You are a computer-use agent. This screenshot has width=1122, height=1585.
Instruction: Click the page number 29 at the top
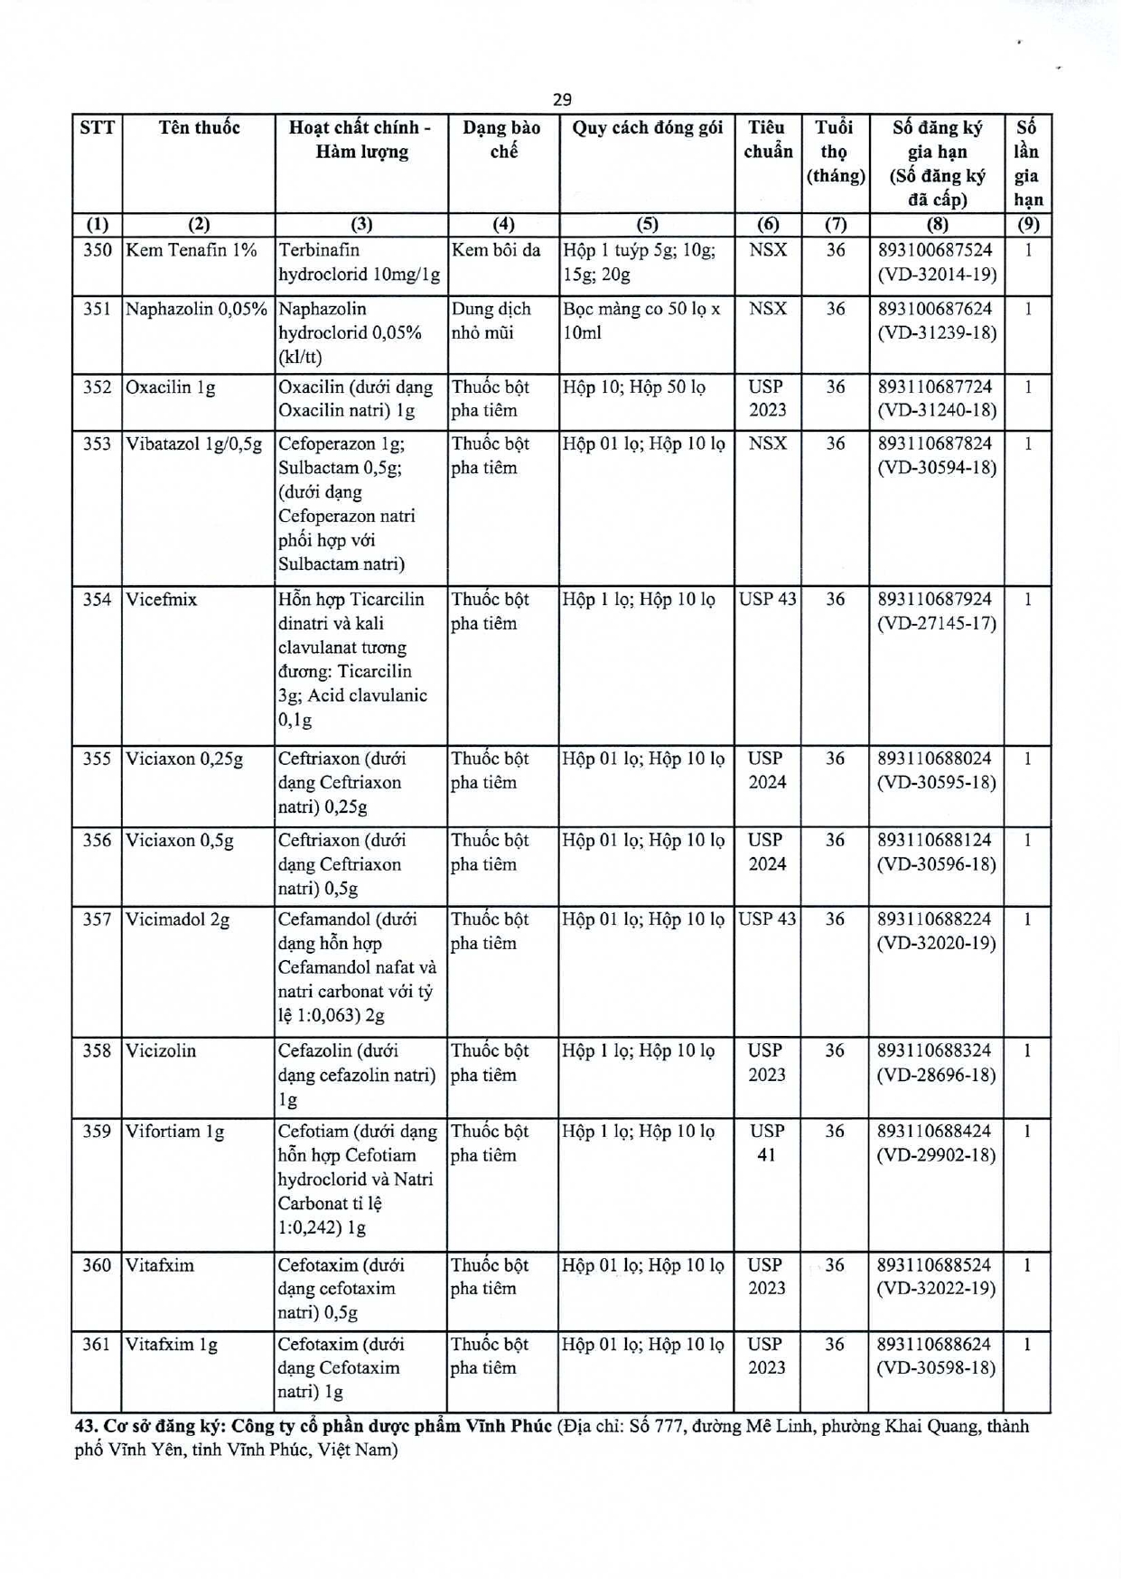click(562, 99)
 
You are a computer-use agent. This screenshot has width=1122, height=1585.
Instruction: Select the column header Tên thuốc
click(199, 128)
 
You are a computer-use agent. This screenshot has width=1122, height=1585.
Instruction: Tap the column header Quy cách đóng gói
click(647, 128)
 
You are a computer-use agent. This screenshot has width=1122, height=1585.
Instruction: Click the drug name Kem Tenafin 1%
click(192, 250)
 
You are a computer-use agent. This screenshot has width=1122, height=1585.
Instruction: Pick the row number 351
click(97, 309)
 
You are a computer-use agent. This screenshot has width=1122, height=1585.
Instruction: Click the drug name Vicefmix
click(162, 600)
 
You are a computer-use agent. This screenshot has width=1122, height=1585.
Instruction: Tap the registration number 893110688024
click(935, 759)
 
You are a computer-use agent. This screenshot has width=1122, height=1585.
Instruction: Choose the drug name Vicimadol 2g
click(178, 919)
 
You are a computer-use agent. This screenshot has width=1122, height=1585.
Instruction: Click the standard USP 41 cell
click(766, 1142)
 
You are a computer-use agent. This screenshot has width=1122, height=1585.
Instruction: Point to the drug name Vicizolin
click(161, 1050)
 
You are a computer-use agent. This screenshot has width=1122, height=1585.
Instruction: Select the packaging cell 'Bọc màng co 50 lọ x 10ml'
click(641, 321)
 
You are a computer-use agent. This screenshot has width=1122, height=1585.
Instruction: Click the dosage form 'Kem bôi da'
click(496, 250)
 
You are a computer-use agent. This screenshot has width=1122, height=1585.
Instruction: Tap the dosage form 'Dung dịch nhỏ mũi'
click(491, 321)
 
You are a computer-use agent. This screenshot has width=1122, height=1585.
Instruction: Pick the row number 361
click(97, 1344)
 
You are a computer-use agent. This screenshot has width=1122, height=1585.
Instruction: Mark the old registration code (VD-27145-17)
click(937, 623)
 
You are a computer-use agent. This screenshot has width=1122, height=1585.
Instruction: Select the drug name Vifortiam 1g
click(175, 1131)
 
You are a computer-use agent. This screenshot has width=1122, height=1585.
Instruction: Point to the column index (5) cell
click(647, 225)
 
